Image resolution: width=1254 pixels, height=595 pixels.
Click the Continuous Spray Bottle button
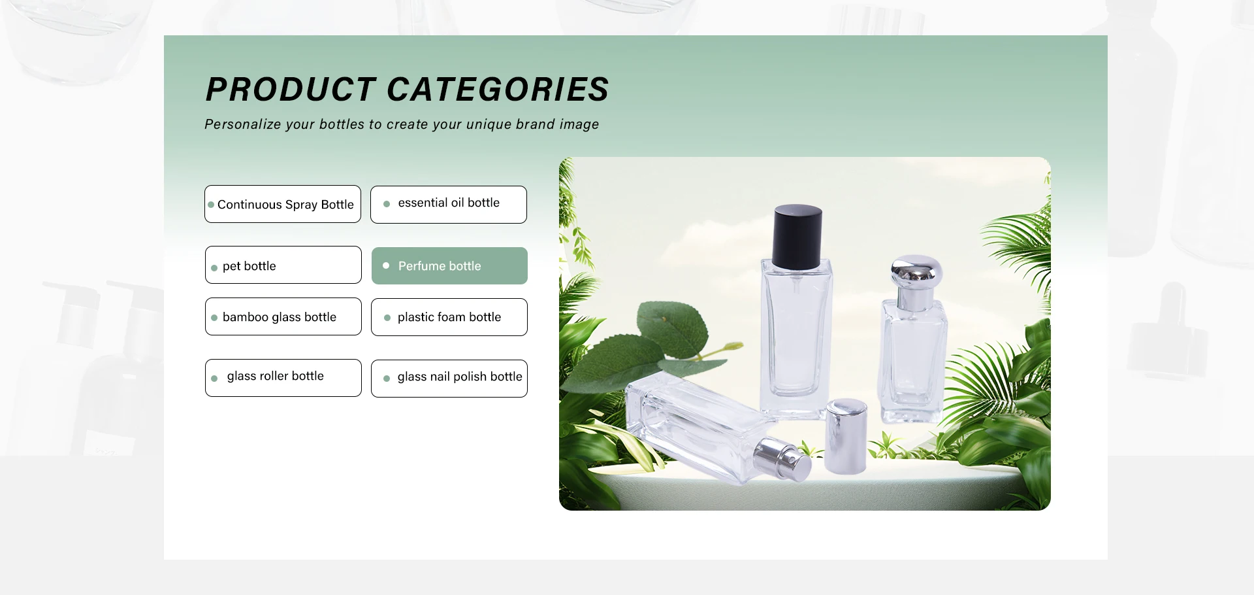coord(283,204)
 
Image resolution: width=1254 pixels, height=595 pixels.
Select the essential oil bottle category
coord(449,205)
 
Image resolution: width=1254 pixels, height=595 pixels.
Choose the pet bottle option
coord(283,265)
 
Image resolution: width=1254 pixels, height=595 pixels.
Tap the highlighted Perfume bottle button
coord(449,265)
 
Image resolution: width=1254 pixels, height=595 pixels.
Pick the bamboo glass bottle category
coord(283,316)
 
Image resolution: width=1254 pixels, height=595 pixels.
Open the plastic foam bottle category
coord(449,317)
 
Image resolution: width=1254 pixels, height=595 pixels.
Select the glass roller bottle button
coord(283,378)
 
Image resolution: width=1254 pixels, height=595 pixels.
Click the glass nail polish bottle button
coord(449,379)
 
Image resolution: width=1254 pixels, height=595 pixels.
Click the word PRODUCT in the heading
coord(291,90)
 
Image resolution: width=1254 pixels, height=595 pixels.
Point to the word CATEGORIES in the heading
coord(498,90)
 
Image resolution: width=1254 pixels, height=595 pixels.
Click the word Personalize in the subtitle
coord(243,124)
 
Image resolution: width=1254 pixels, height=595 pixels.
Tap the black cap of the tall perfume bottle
coord(797,237)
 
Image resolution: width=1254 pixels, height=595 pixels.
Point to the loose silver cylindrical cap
coord(846,436)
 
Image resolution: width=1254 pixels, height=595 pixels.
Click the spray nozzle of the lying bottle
coord(784,460)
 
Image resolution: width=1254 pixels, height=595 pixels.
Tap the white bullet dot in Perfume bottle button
coord(386,265)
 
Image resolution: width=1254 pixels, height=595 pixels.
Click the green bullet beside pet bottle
coord(214,268)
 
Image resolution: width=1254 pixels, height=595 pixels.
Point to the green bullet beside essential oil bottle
coord(387,204)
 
